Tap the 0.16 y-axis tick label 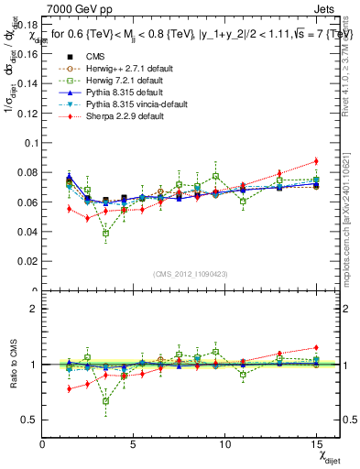pos(27,54)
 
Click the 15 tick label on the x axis pos(315,444)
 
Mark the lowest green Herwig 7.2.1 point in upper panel pos(106,233)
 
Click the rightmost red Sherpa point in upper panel pos(316,161)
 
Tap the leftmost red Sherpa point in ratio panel pos(70,388)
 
